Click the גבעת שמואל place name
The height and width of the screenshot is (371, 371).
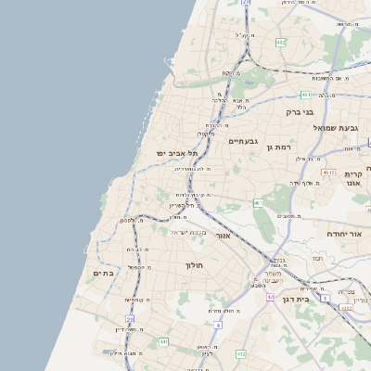click(335, 127)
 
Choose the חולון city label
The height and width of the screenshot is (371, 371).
click(194, 265)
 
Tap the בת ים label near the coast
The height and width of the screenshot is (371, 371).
click(102, 273)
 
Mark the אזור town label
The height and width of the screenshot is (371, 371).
click(223, 236)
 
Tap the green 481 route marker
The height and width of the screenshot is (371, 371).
click(306, 95)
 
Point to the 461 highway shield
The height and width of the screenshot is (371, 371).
click(259, 203)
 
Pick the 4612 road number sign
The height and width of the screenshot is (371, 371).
click(327, 173)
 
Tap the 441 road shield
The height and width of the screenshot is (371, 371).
click(163, 342)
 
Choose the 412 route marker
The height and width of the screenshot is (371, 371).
click(241, 353)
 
